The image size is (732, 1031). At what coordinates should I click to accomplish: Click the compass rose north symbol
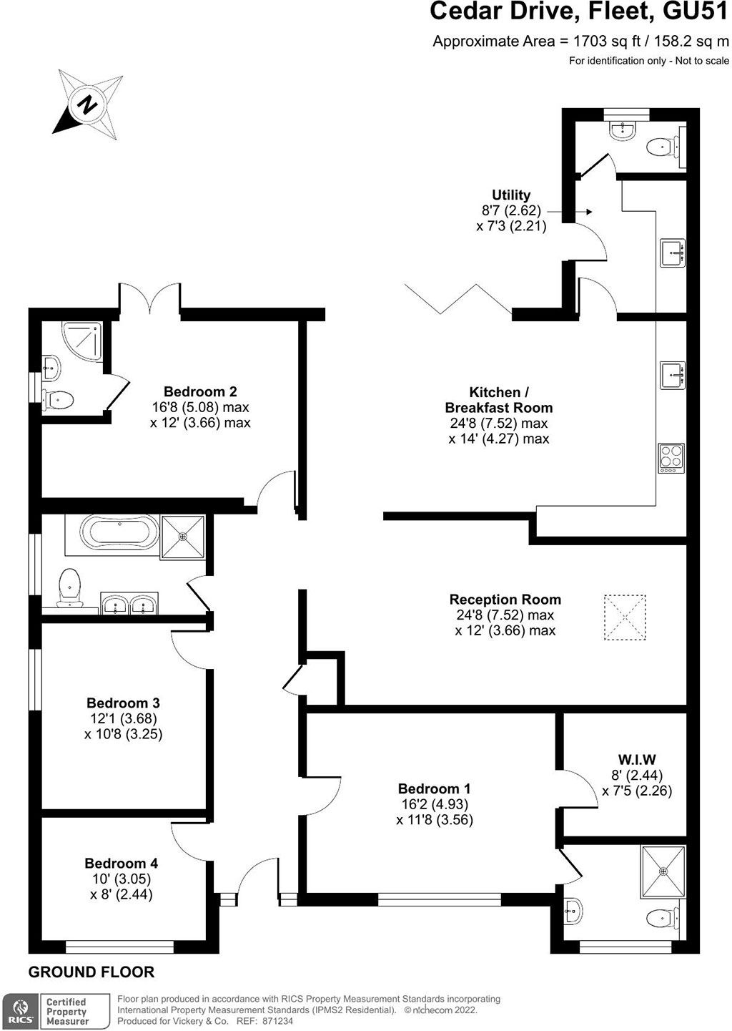click(x=88, y=104)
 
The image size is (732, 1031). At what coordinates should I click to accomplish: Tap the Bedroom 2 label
click(x=200, y=391)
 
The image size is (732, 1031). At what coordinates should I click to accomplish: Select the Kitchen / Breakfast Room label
click(x=499, y=400)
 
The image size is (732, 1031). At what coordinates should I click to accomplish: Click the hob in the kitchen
click(x=671, y=458)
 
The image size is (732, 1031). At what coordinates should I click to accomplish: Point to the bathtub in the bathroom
click(x=119, y=532)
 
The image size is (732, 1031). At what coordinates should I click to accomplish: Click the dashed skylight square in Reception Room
click(x=624, y=617)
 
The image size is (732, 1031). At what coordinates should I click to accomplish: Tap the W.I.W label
click(x=637, y=759)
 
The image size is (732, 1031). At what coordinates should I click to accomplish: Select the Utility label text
click(x=511, y=195)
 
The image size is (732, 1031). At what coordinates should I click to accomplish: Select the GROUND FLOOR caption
click(x=91, y=972)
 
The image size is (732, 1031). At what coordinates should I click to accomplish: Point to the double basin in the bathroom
click(x=129, y=603)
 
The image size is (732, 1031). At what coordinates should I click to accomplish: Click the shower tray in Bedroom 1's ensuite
click(x=663, y=871)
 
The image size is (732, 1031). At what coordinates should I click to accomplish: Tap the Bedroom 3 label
click(x=123, y=703)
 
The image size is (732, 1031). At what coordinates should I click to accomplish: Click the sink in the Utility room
click(x=673, y=253)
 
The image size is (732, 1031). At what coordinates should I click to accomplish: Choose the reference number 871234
click(x=273, y=1021)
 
